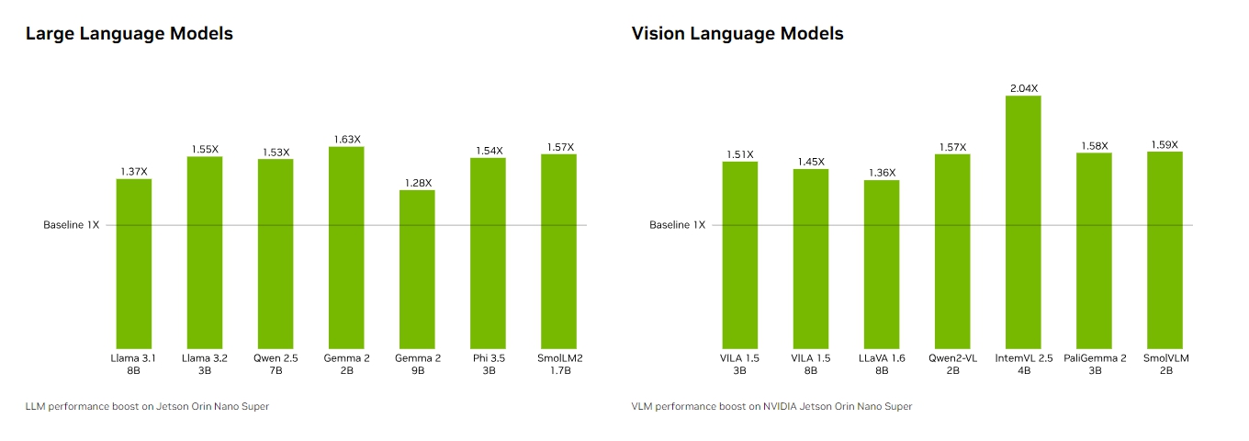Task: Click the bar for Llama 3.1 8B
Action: pyautogui.click(x=134, y=263)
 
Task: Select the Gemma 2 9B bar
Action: pyautogui.click(x=417, y=268)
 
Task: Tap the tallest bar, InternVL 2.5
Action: pyautogui.click(x=1023, y=220)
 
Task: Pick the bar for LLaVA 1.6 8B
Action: pyautogui.click(x=882, y=264)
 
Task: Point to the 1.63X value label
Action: pyautogui.click(x=346, y=140)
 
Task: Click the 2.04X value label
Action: pyautogui.click(x=1023, y=88)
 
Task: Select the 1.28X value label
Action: pyautogui.click(x=417, y=183)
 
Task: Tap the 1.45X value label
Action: pyautogui.click(x=811, y=162)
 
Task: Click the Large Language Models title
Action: pyautogui.click(x=129, y=34)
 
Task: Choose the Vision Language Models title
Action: pyautogui.click(x=737, y=34)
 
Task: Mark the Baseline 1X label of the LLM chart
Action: pyautogui.click(x=72, y=225)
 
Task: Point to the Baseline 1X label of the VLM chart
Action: pyautogui.click(x=678, y=225)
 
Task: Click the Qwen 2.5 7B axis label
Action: pyautogui.click(x=276, y=365)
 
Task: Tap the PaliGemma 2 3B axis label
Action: pyautogui.click(x=1095, y=365)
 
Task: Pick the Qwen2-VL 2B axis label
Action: pyautogui.click(x=952, y=365)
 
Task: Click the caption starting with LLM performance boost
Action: pyautogui.click(x=147, y=406)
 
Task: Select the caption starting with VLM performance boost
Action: pyautogui.click(x=771, y=406)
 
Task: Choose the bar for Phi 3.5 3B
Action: pyautogui.click(x=488, y=253)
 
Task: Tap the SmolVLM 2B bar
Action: pyautogui.click(x=1165, y=249)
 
